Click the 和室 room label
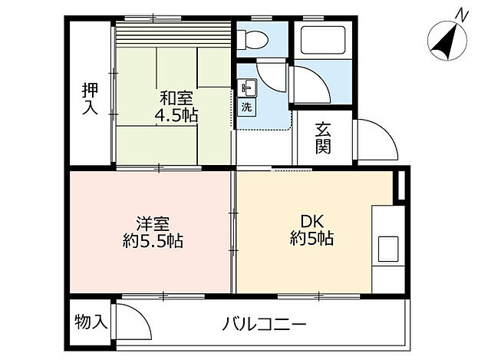(176, 98)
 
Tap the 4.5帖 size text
(176, 116)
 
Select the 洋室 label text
(131, 223)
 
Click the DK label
(301, 220)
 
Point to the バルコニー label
(265, 323)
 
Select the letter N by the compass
(462, 13)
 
